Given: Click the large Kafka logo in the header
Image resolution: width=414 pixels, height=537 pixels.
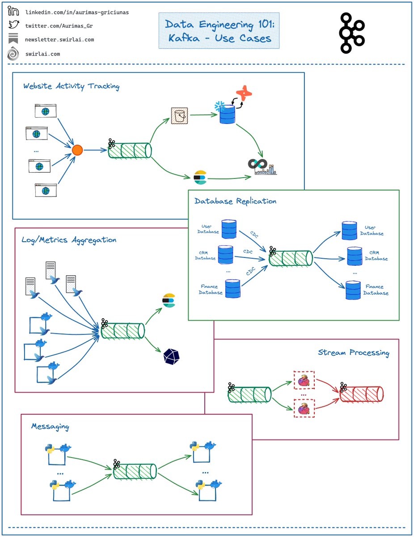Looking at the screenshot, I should coord(352,33).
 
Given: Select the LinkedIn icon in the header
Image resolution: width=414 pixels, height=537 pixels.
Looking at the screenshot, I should coord(13,12).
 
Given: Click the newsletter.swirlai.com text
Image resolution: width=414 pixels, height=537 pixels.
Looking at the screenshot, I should coord(60,40).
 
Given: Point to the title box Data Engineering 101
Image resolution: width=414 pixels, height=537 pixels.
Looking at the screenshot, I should coord(219,30).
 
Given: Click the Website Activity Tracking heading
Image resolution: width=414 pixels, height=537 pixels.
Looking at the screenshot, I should coord(72,86).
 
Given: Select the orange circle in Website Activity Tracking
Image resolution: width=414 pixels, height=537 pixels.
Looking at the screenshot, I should coord(77,150).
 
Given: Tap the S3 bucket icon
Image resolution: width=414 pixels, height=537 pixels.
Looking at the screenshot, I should coord(180,116).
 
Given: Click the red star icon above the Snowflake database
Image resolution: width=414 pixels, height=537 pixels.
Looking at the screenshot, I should coord(244,94).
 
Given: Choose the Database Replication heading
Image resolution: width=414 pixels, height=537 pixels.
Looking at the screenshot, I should coord(235,201).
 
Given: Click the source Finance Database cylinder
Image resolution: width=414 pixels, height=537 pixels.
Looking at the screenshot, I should coord(232,289).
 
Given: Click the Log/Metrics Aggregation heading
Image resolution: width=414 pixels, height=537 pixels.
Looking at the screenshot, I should coord(69,240).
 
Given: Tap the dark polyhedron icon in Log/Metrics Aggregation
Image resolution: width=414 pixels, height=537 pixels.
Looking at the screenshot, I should coord(171,356).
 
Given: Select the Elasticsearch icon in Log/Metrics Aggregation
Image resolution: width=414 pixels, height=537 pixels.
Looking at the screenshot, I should coord(169,300).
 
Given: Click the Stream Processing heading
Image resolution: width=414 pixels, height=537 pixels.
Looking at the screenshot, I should coord(353,353).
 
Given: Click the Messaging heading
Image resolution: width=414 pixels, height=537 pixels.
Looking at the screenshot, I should coord(50,426).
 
